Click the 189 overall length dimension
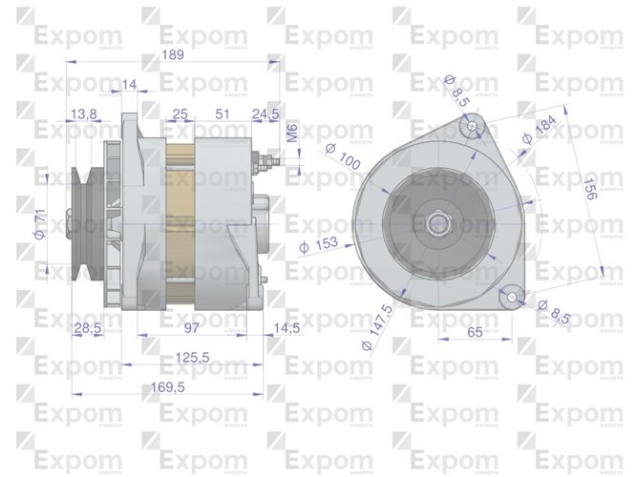click(x=172, y=54)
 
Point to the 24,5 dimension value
click(x=265, y=114)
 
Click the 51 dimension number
click(x=222, y=114)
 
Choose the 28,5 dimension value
click(x=88, y=328)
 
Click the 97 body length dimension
click(x=192, y=328)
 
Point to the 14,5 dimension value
click(x=287, y=328)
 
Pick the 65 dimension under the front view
click(x=475, y=333)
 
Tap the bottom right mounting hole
click(x=513, y=298)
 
